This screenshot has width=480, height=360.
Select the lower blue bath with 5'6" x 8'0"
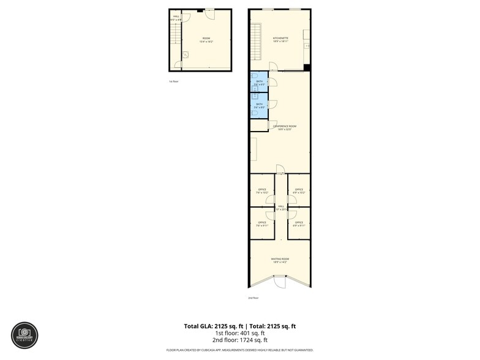click(259, 105)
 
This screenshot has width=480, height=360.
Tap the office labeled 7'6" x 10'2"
click(262, 191)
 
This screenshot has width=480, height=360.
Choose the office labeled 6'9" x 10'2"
click(299, 191)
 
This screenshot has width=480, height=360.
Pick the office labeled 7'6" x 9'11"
click(262, 224)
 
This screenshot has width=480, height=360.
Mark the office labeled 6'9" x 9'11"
click(299, 224)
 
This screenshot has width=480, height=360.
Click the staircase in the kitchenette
click(257, 42)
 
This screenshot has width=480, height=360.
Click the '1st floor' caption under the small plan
click(174, 81)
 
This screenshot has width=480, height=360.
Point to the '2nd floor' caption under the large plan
click(253, 298)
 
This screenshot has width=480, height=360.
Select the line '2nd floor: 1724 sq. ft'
click(239, 340)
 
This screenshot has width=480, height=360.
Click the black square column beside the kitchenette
click(307, 67)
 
